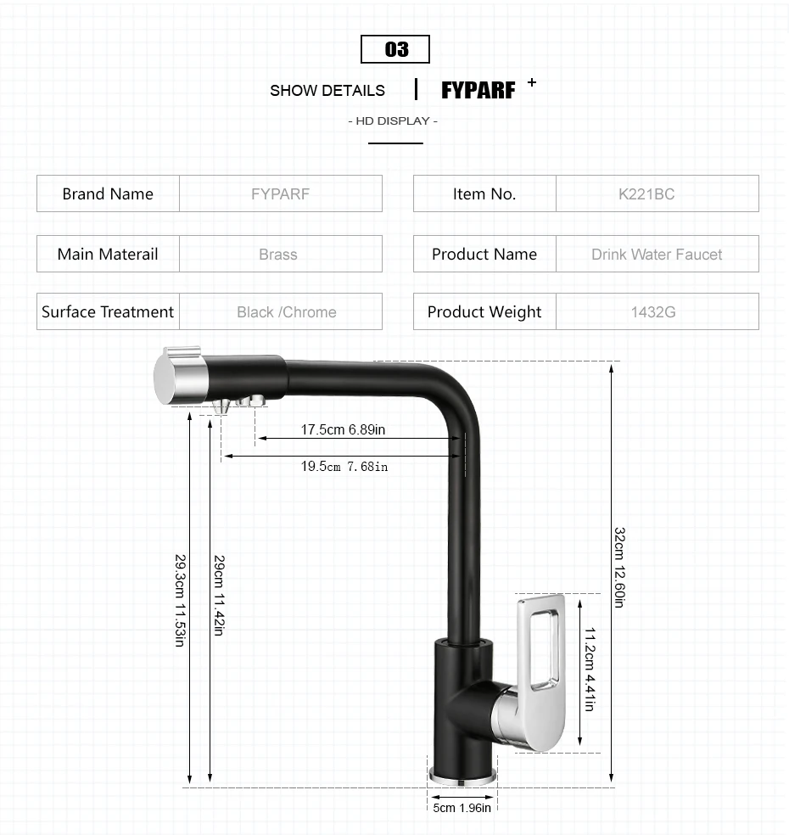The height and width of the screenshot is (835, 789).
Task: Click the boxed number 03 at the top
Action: coord(395,49)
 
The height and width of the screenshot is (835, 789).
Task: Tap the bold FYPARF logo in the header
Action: coord(478,90)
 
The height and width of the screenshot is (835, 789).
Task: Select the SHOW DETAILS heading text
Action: coord(327,91)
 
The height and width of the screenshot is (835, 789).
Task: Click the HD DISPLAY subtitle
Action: coord(393,120)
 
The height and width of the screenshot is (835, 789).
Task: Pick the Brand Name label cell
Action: coord(108,193)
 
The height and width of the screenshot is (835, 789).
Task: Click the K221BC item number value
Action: coord(646,193)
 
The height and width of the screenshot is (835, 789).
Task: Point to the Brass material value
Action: coord(278,254)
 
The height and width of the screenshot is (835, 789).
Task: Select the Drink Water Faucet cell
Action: coord(657,254)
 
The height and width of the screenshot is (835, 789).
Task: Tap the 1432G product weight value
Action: coord(653,311)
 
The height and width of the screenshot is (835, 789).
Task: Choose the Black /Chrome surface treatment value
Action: coord(287,311)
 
